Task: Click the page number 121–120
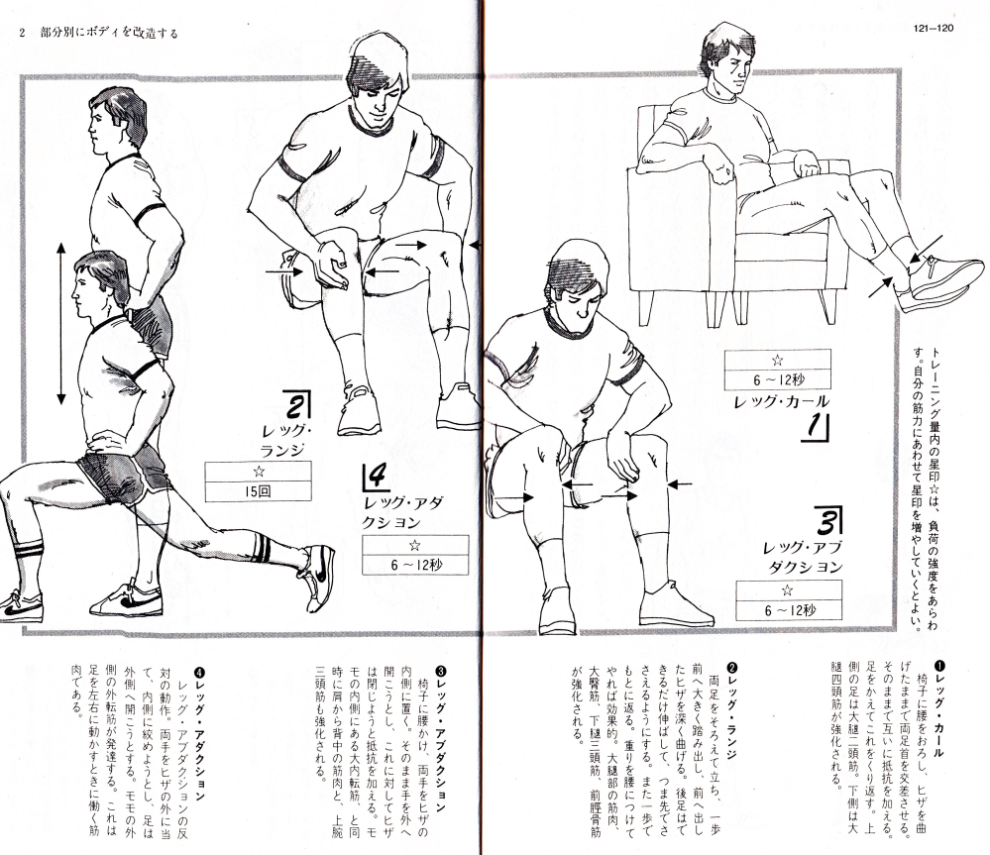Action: pos(933,28)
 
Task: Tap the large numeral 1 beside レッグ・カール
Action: pos(818,427)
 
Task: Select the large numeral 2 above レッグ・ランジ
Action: pos(296,405)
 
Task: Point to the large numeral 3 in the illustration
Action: pos(828,520)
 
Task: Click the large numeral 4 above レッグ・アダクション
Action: pos(376,477)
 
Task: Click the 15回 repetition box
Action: pos(259,491)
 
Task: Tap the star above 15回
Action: pos(259,472)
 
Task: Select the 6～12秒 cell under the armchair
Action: pos(778,379)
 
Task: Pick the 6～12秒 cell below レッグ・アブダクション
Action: pos(789,610)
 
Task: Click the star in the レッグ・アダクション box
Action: pos(415,545)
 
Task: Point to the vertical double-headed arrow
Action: pos(61,323)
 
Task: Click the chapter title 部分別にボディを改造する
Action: pos(109,33)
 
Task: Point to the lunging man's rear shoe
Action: pos(317,577)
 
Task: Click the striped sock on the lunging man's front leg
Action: pos(28,555)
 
